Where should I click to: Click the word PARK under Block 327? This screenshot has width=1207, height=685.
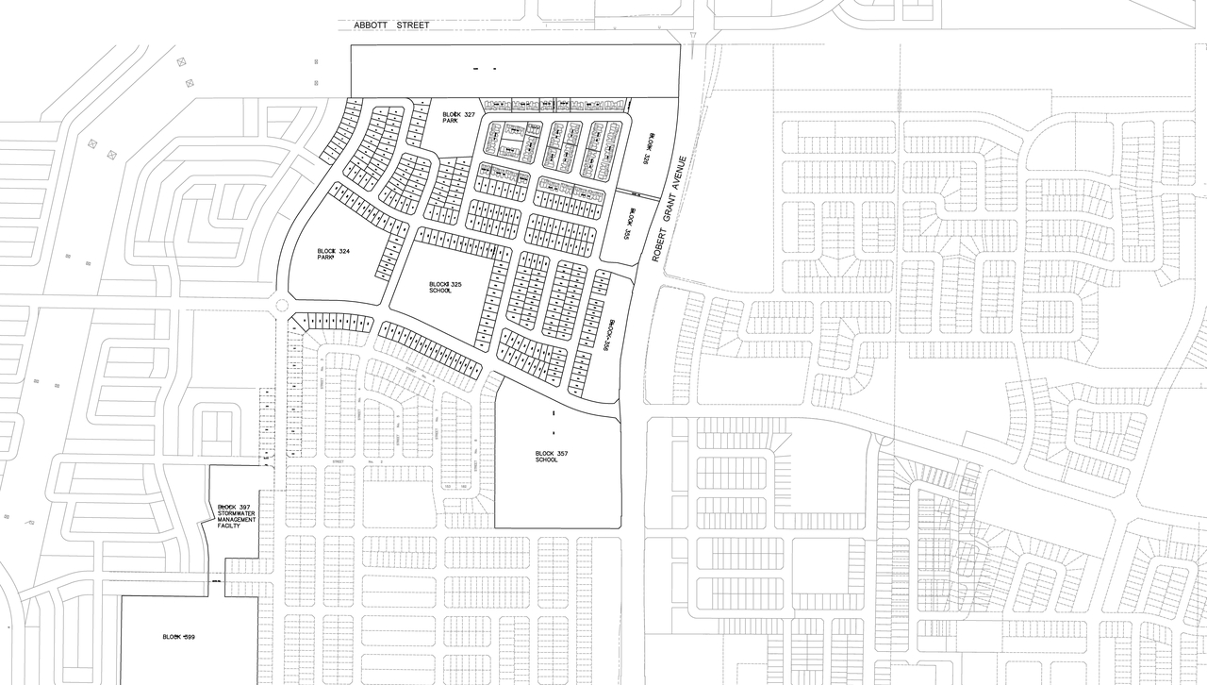pyautogui.click(x=451, y=121)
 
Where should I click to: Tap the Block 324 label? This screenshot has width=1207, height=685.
pyautogui.click(x=334, y=251)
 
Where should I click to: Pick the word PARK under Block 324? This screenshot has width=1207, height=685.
pyautogui.click(x=326, y=258)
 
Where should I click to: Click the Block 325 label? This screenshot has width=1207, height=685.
pyautogui.click(x=445, y=284)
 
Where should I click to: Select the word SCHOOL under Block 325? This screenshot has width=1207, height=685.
pyautogui.click(x=440, y=291)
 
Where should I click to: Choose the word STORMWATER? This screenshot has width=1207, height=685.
pyautogui.click(x=237, y=513)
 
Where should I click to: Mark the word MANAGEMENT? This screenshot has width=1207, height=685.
pyautogui.click(x=237, y=520)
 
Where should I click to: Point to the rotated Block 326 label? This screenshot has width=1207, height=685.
pyautogui.click(x=648, y=149)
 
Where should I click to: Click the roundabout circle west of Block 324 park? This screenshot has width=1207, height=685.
pyautogui.click(x=281, y=304)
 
